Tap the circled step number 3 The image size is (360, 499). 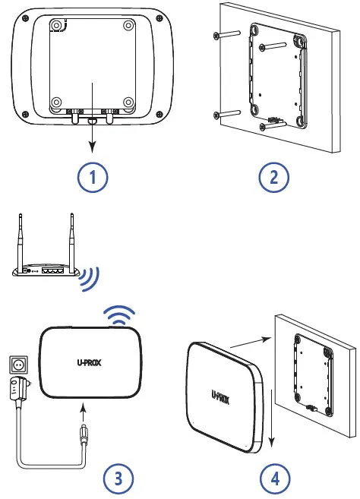(x=118, y=477)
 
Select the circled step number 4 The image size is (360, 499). (x=274, y=477)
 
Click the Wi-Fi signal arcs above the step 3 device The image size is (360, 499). (x=118, y=314)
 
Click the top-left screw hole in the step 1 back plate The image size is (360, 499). (x=57, y=25)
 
